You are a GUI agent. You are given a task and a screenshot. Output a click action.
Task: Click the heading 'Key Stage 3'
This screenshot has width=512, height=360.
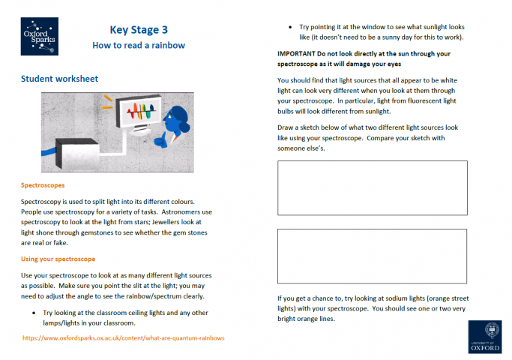(139, 30)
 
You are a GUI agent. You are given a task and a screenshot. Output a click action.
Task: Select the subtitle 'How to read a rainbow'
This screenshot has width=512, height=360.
(139, 46)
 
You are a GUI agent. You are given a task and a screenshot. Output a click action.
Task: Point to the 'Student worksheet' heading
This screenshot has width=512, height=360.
(59, 79)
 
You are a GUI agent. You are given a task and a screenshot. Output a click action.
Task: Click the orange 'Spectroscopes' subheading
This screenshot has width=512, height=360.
(43, 184)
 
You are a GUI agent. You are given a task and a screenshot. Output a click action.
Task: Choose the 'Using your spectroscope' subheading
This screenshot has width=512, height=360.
(58, 259)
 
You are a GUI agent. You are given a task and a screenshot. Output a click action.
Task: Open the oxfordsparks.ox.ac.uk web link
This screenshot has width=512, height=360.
(124, 337)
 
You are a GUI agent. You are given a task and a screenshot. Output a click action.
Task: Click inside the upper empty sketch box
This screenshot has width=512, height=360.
(372, 187)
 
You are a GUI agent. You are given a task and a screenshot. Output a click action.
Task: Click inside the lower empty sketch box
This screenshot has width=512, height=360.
(372, 255)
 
